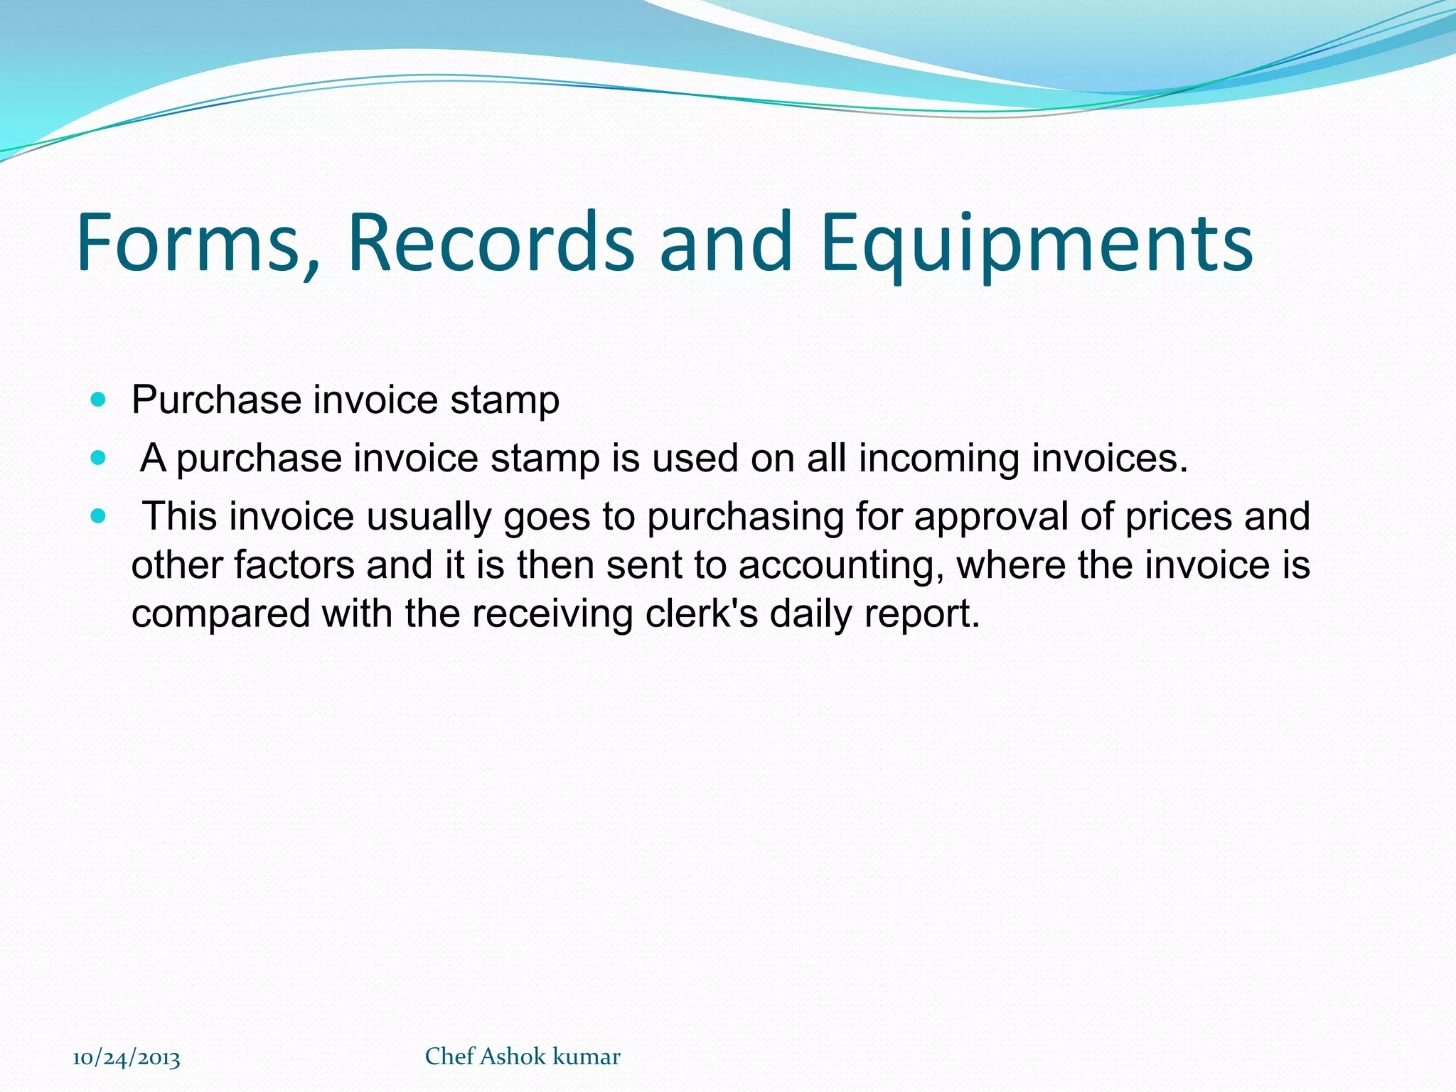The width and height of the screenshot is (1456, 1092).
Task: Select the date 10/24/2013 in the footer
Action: click(127, 1058)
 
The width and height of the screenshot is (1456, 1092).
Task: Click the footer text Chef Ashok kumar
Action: click(523, 1056)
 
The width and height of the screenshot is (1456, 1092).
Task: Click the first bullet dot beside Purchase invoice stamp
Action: click(99, 400)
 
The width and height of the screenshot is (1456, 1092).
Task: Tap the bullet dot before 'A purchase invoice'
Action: click(99, 458)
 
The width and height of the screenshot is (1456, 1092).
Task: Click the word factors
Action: click(294, 565)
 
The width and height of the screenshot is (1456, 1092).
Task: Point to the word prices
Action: click(1178, 517)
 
